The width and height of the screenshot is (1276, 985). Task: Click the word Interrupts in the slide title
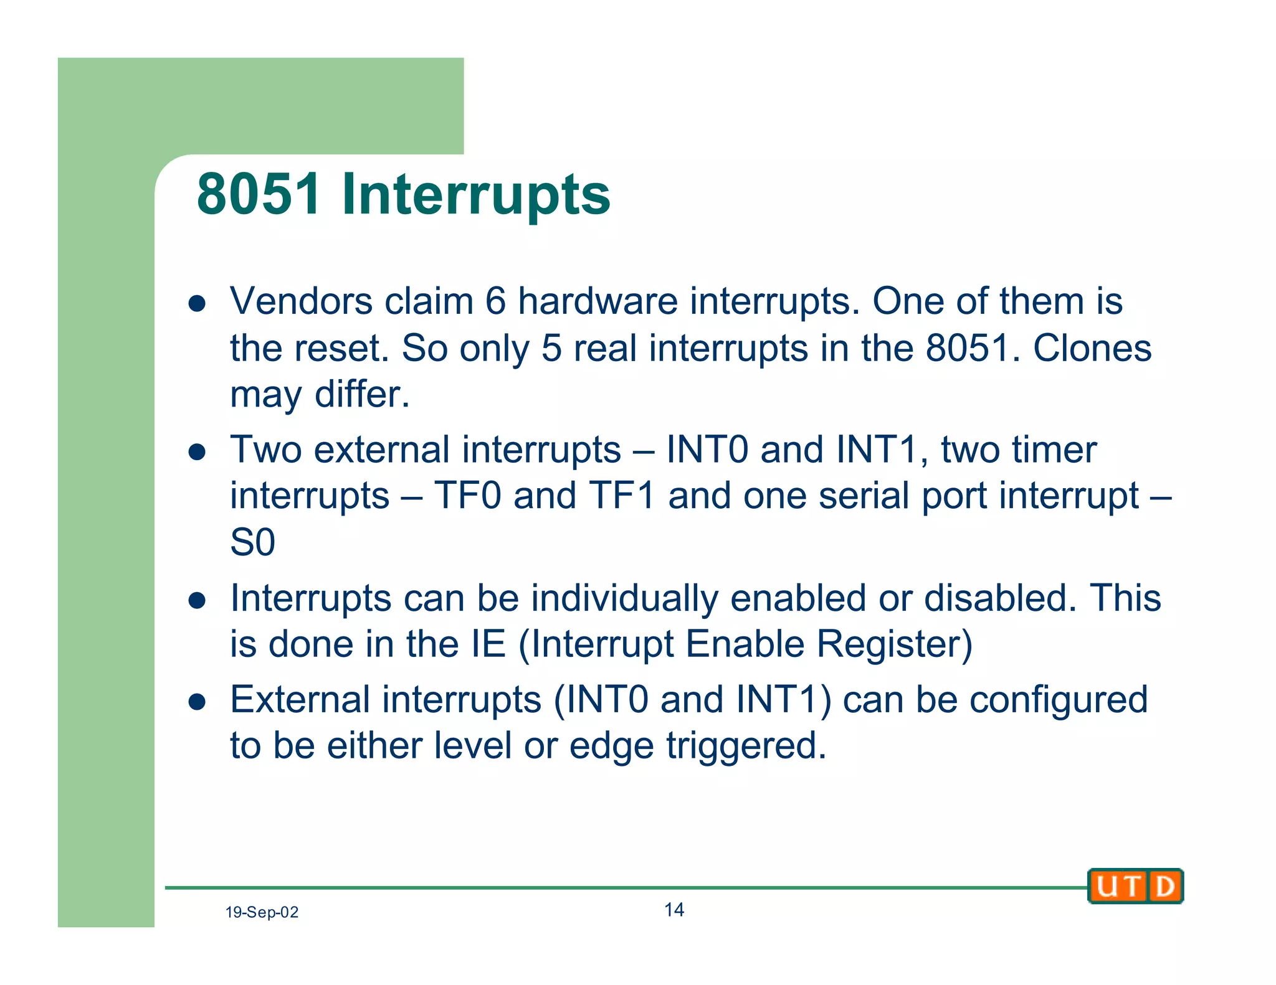click(476, 194)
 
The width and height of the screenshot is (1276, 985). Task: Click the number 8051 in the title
click(259, 194)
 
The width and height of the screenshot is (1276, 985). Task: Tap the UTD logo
click(1135, 885)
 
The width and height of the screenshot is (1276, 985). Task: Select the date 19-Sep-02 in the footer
click(262, 912)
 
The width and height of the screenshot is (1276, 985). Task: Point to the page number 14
click(674, 910)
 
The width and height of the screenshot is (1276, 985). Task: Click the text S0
click(252, 542)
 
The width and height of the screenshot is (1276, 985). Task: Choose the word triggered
click(746, 746)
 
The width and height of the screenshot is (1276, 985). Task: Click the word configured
click(1059, 700)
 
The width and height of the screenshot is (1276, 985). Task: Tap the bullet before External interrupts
click(197, 702)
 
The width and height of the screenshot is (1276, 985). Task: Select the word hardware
click(598, 301)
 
